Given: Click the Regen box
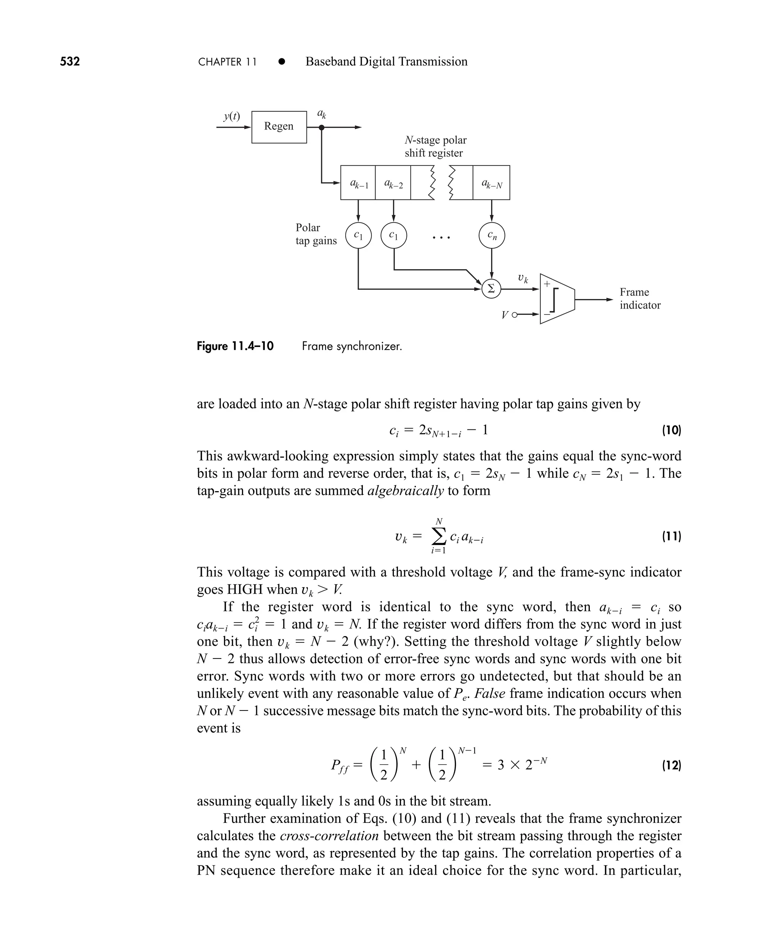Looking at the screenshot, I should coord(279,127).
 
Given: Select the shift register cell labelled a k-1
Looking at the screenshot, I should coord(358,183).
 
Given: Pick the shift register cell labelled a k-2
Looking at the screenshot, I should coord(393,183).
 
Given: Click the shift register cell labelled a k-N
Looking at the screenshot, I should coord(491,183).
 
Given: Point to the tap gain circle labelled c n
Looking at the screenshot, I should coord(491,236).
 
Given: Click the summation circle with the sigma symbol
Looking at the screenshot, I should coord(491,289).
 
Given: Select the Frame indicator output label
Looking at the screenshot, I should coord(640,298).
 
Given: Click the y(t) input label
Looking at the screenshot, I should coord(232,116).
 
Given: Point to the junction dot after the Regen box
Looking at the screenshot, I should coord(322,128).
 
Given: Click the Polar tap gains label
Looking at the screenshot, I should coord(316,234).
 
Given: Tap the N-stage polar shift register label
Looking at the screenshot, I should coord(435,147).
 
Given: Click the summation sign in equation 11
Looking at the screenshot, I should coord(438,537).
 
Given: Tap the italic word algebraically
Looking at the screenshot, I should coord(405,491).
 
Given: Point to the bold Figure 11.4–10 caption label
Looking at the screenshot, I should coord(235,346).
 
